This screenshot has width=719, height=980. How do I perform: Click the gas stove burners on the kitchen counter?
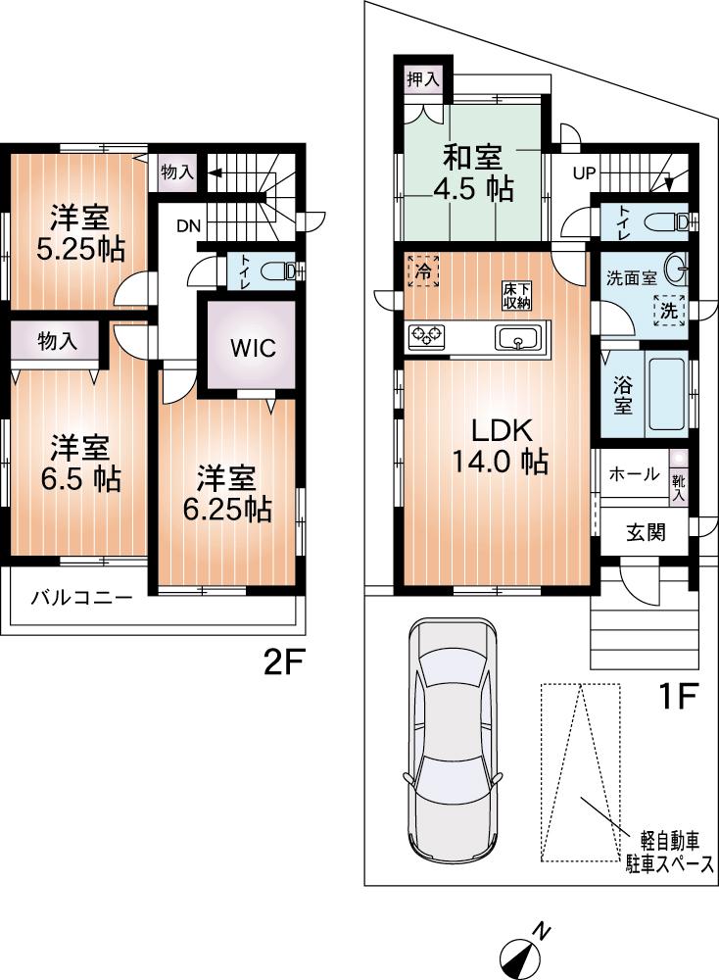click(427, 336)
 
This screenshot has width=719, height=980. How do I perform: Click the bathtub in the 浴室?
click(665, 397)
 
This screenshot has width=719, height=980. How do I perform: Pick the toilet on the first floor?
click(671, 220)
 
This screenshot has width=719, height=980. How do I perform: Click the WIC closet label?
click(253, 348)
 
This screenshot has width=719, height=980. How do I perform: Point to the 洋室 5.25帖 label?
click(80, 234)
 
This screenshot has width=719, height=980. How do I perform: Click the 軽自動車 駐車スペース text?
click(670, 852)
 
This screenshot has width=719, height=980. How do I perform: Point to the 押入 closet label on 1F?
click(423, 79)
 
